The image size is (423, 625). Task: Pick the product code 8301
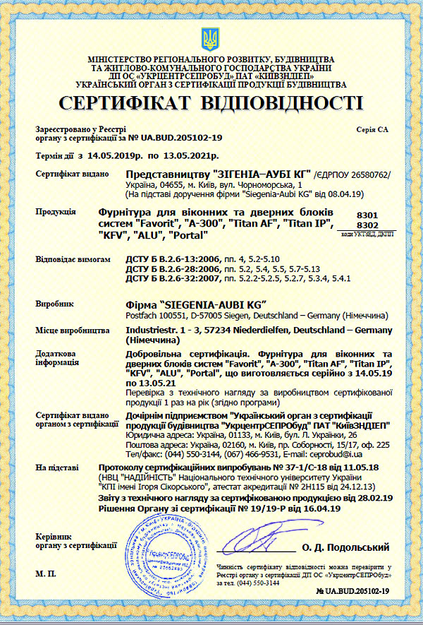(x=368, y=213)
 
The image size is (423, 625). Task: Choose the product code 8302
(x=368, y=225)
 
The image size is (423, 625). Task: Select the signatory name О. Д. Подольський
(x=345, y=547)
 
